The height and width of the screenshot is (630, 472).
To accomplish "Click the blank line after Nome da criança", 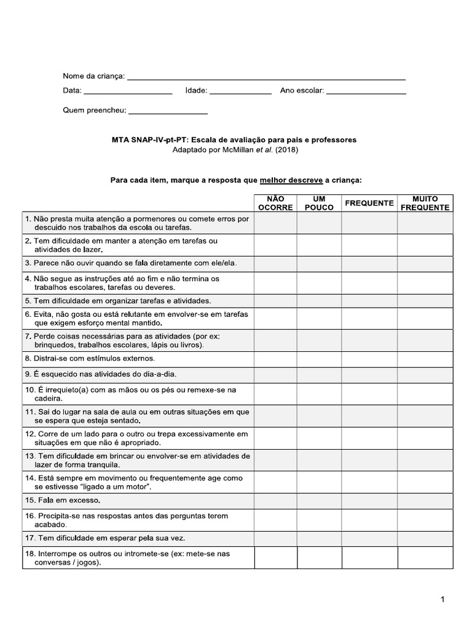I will (x=265, y=79).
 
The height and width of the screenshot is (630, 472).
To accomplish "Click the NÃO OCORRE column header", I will (x=275, y=203).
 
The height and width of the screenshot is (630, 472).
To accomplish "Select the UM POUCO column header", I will (x=319, y=203).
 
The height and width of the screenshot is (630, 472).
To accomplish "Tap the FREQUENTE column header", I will (x=369, y=203).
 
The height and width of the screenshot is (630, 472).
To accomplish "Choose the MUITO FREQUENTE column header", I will (x=425, y=203).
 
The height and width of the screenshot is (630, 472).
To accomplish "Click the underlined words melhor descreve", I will (x=291, y=180).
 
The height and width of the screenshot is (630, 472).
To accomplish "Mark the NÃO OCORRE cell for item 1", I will (x=275, y=223).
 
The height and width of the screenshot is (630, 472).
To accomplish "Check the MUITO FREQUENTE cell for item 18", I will (x=425, y=557).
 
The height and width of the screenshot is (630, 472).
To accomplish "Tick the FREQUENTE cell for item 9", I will (x=369, y=375).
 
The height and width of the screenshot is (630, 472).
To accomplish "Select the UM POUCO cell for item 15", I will (x=319, y=500).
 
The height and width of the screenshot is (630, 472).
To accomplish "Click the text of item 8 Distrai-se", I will (x=90, y=358).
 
